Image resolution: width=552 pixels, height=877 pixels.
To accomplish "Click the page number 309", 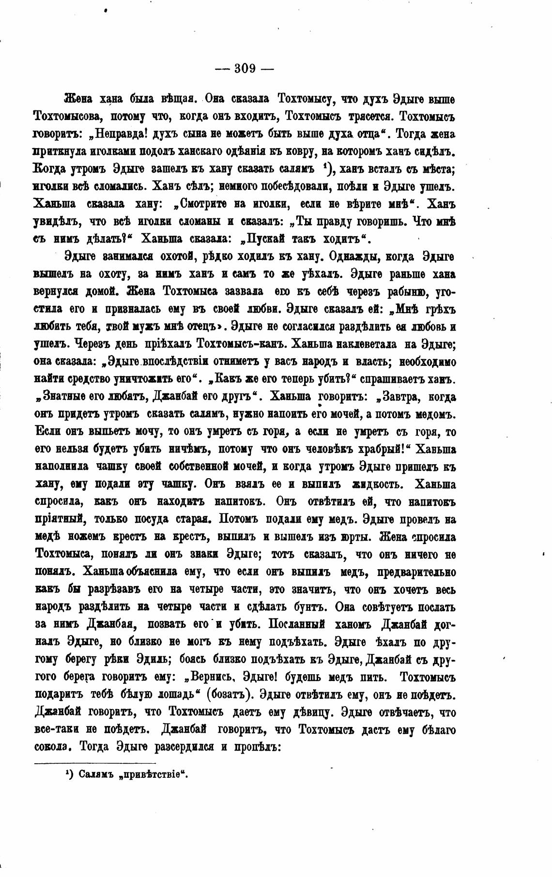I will [245, 68].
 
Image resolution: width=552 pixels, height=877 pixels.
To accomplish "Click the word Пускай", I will [262, 239].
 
